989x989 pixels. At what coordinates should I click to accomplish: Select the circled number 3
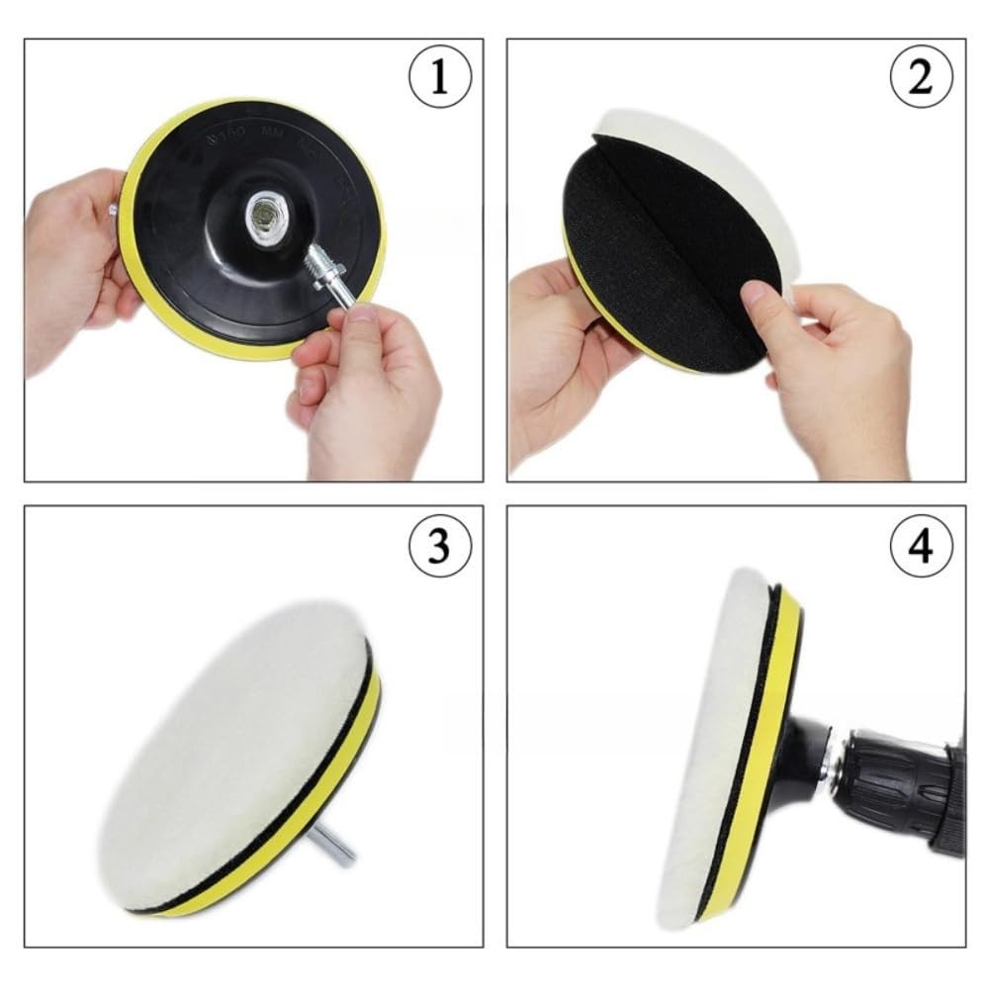pos(438,545)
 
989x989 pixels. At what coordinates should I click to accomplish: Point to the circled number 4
pos(920,545)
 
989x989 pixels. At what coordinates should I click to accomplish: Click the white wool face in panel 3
pos(227,752)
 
